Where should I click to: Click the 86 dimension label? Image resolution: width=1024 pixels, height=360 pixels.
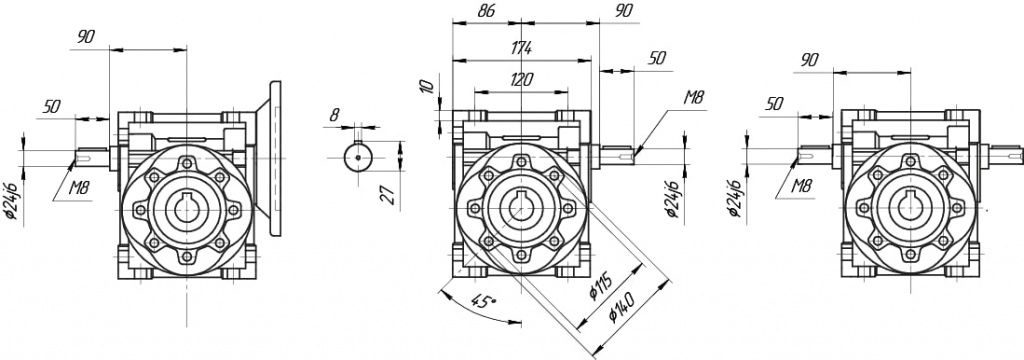[x=487, y=11]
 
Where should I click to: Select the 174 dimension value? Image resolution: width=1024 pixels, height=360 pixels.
[x=522, y=48]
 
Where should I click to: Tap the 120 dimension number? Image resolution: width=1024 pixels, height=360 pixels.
[x=522, y=80]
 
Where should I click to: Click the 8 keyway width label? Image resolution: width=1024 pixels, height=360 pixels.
[x=334, y=115]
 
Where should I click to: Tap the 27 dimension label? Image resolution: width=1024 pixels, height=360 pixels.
[x=391, y=195]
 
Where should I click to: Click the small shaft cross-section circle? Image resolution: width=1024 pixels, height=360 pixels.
[x=358, y=157]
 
